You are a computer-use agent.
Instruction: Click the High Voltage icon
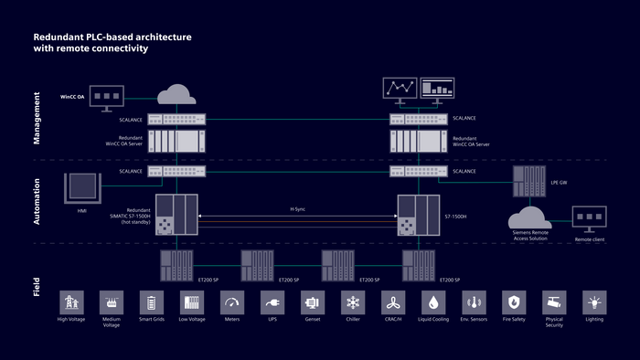70,302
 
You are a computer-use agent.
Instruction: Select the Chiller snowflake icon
352,302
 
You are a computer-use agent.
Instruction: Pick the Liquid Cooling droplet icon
432,302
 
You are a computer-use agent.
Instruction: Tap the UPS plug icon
272,302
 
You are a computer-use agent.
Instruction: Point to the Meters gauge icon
231,302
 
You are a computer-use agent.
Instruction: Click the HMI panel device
80,186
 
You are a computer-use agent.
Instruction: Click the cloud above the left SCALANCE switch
176,93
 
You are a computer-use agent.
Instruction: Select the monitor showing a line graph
399,89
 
